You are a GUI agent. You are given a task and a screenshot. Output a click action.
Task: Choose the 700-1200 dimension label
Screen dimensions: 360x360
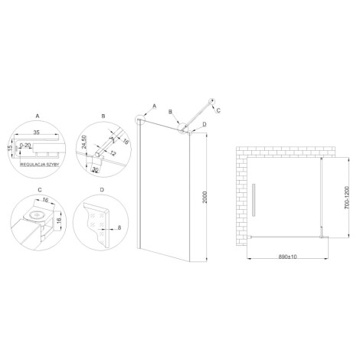(x=345, y=198)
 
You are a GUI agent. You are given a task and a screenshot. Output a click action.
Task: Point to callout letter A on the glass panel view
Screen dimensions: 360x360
(x=154, y=105)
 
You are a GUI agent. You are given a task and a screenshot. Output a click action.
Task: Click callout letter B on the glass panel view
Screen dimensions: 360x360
(x=172, y=110)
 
